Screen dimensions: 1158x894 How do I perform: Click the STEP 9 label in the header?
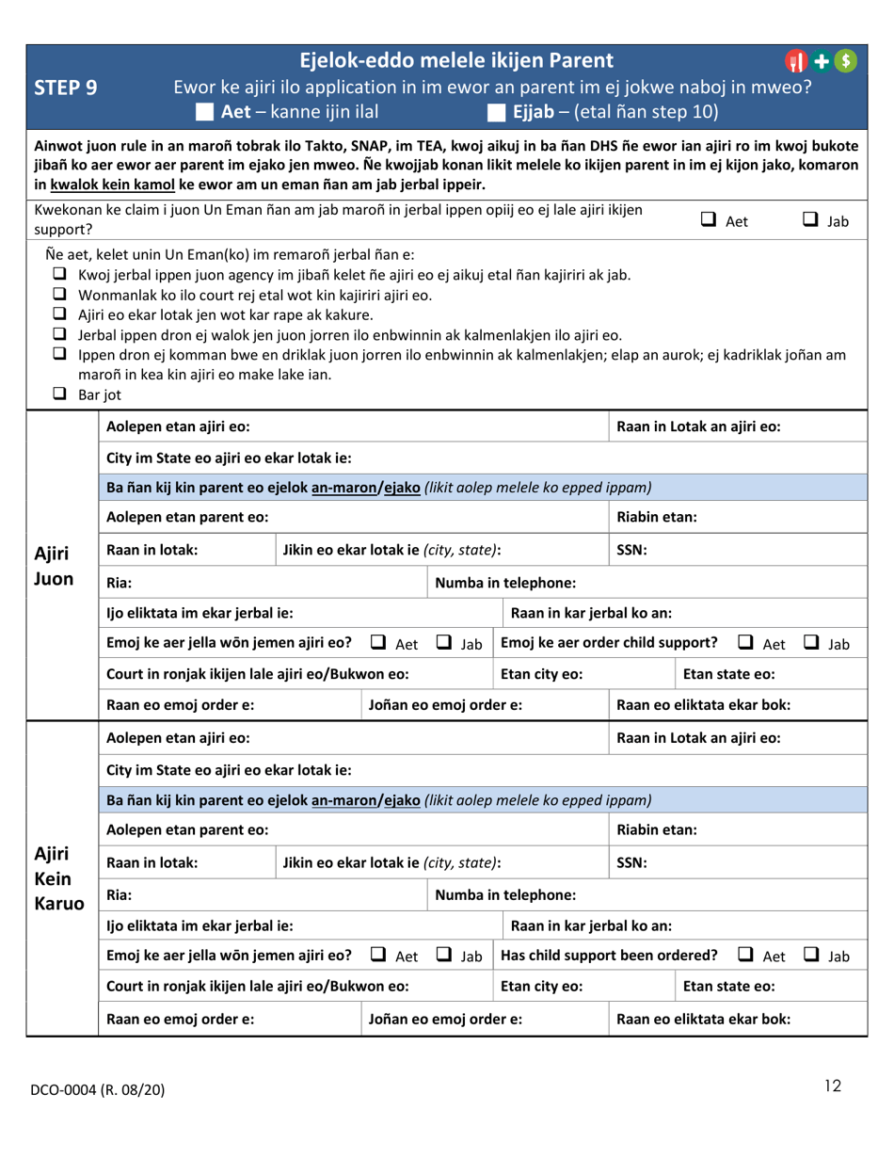click(x=61, y=89)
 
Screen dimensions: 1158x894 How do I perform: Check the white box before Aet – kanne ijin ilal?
click(x=205, y=115)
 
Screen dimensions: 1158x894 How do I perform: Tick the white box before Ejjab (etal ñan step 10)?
click(x=496, y=115)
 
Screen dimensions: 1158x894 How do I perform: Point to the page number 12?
click(x=831, y=1087)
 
